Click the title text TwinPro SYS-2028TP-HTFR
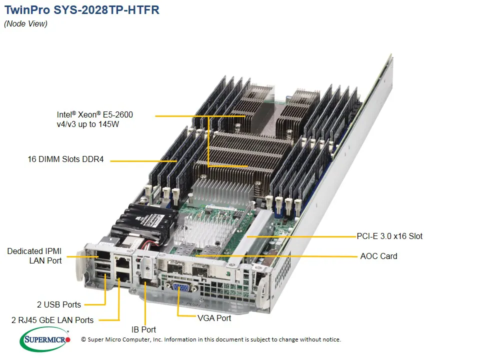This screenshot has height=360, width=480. point(82,10)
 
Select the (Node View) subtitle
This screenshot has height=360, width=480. point(26,24)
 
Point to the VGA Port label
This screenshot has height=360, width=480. point(214,318)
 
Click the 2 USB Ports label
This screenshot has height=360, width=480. point(59,304)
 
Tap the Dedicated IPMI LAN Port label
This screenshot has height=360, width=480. point(34,255)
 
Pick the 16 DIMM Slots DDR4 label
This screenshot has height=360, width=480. point(65,160)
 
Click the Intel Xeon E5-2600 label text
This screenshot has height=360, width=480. point(94,115)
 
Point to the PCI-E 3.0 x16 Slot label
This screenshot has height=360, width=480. point(390,236)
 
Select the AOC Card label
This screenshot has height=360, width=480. point(378,256)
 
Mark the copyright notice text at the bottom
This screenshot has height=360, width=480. point(211,340)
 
